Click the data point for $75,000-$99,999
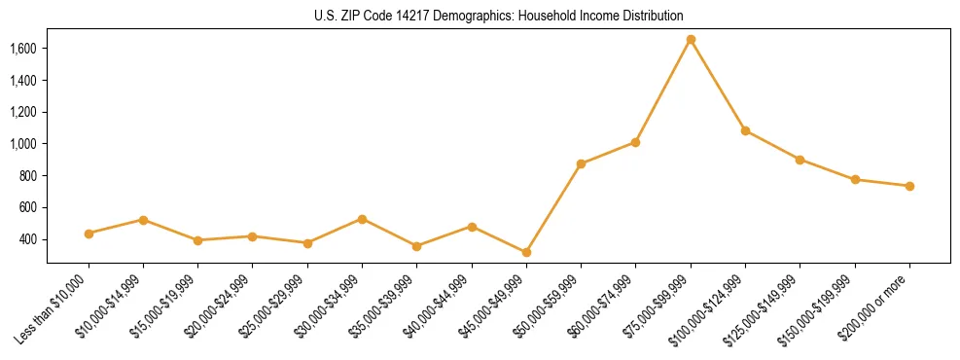coord(691,40)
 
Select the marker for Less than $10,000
coord(89,234)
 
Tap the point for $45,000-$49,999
coord(526,252)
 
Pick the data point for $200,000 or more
coord(909,186)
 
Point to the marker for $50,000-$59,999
coord(581,163)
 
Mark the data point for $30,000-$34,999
coord(362,219)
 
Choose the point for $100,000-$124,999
coord(745,130)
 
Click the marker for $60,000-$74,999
coord(635,142)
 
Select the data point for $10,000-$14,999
coord(143,220)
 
